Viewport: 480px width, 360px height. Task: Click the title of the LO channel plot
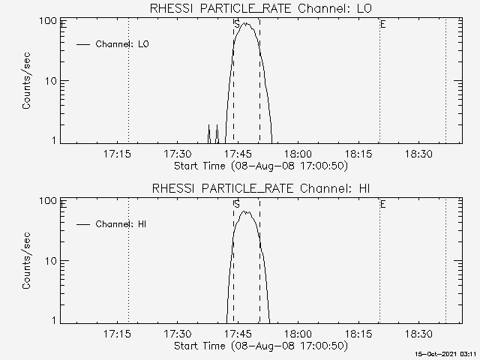[261, 8]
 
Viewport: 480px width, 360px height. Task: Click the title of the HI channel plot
[261, 188]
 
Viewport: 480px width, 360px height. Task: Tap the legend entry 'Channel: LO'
[122, 44]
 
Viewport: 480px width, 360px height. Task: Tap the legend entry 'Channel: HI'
[121, 224]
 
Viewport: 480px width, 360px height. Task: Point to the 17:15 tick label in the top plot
[117, 154]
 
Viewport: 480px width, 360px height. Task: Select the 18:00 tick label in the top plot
[298, 154]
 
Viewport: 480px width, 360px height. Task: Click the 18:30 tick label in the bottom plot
[418, 334]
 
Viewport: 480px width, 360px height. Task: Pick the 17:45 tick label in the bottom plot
[238, 334]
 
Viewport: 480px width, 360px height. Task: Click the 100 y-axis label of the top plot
[48, 21]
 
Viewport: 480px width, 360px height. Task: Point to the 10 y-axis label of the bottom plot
[51, 261]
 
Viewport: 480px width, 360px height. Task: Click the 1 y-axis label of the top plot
[54, 140]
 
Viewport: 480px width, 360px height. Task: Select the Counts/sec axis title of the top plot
[26, 81]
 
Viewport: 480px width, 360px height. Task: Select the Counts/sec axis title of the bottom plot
[26, 260]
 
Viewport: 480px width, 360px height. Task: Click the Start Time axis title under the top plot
[261, 166]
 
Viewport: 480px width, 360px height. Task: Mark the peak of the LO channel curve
[245, 23]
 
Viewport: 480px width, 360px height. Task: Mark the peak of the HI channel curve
[244, 211]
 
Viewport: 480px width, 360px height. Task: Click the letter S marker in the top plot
[237, 24]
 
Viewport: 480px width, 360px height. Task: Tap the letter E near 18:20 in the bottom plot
[383, 204]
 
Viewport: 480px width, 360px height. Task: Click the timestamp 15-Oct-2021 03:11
[445, 354]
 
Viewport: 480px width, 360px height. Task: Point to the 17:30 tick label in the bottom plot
[177, 334]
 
